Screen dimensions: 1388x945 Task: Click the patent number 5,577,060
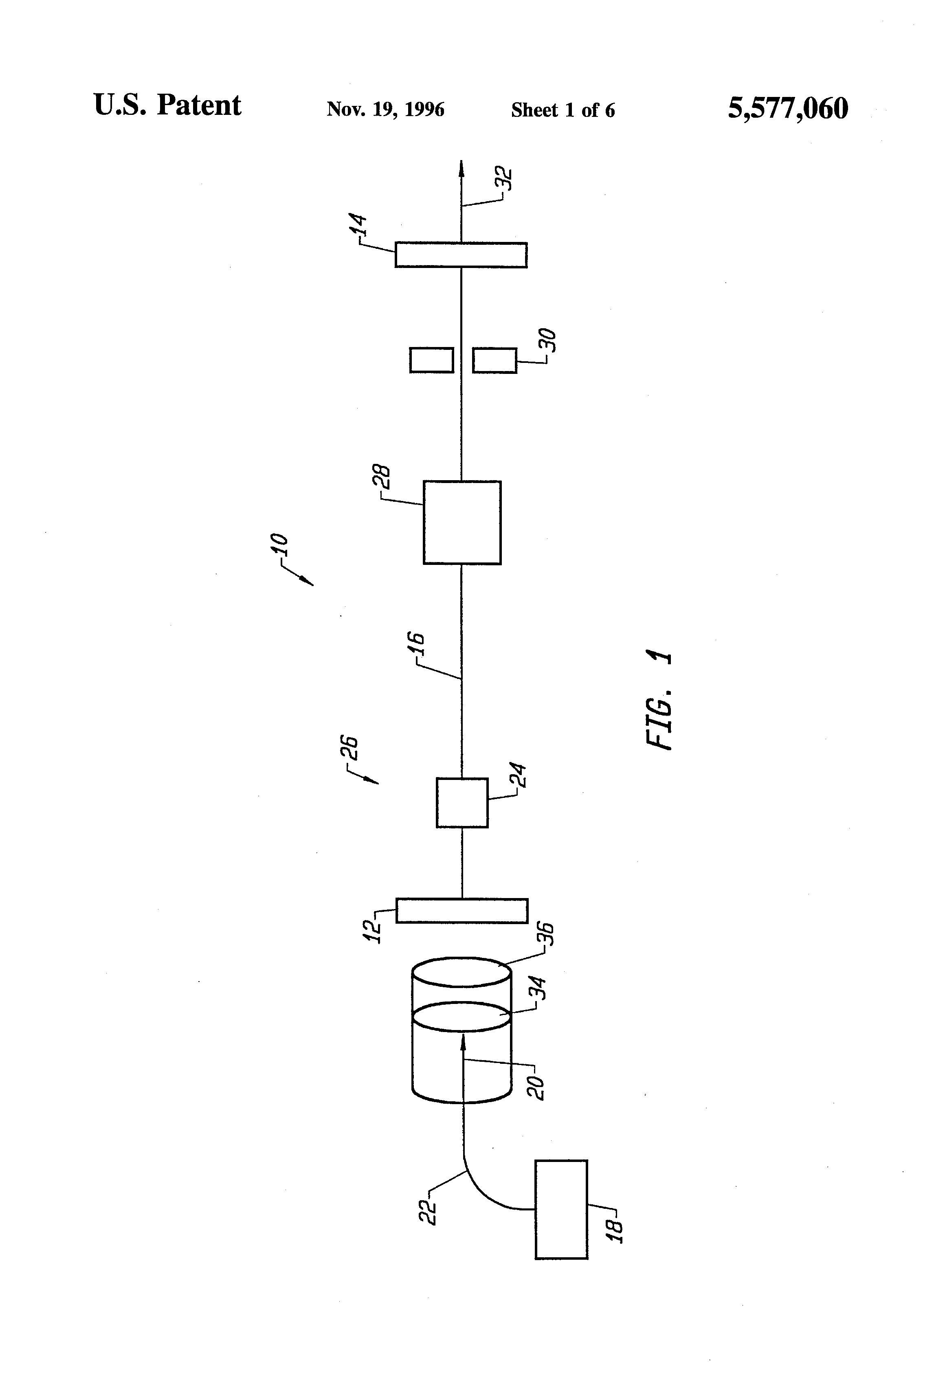point(787,109)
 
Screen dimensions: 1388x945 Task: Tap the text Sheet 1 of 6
point(563,110)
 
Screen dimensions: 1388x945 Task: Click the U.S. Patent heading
point(167,106)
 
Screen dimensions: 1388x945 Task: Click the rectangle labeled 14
point(461,255)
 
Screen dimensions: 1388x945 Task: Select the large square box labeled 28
point(462,523)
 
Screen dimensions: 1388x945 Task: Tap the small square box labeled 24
point(462,803)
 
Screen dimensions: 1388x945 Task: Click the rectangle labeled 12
point(462,910)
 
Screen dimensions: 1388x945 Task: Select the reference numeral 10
point(279,545)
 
